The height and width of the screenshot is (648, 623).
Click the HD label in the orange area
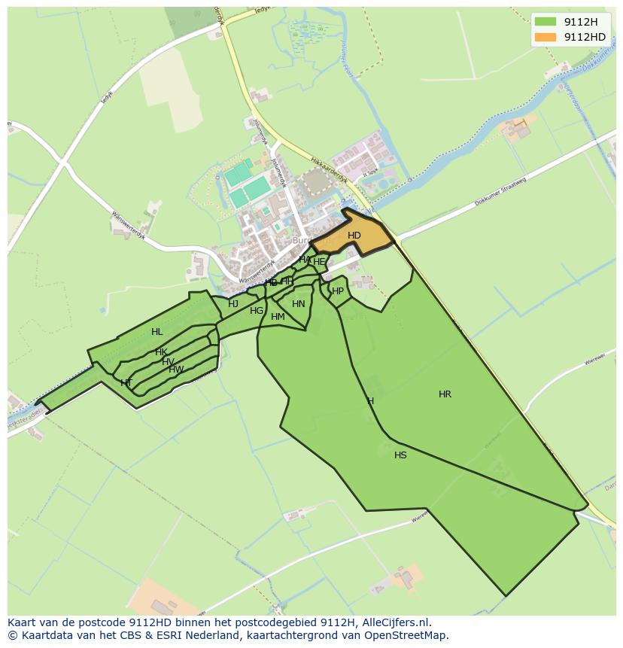coord(354,236)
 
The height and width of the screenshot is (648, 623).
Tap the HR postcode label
coord(445,394)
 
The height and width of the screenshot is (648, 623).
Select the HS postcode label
coord(400,455)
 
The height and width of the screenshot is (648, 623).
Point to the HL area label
coord(157,331)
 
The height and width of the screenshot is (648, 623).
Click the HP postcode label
coord(338,291)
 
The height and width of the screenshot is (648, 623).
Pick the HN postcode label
coord(299,304)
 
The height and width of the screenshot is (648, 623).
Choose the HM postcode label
coord(278,317)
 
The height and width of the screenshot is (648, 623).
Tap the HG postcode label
coord(257,310)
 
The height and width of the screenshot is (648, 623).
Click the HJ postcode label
coord(233,304)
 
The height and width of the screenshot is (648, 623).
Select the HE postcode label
coord(319,262)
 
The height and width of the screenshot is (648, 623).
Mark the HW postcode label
coord(175,370)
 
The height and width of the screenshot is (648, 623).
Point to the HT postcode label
coord(126,382)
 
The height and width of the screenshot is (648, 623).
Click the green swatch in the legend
coord(546,21)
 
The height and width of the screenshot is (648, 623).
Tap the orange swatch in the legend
coord(546,37)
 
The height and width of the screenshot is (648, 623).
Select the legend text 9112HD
coord(585,37)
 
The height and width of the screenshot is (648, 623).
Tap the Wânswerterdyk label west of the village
coord(128,225)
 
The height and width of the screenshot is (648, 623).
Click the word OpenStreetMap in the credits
coord(406,634)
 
